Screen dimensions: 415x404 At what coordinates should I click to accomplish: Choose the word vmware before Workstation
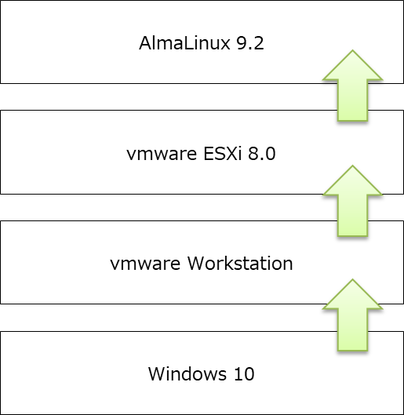coord(142,264)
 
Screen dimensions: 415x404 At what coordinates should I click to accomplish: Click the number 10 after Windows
coord(242,374)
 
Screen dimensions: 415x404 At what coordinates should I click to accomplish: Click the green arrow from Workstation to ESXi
coord(352,202)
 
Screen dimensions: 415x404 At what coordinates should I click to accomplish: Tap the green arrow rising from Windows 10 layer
coord(352,313)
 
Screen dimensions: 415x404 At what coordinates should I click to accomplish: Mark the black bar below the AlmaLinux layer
coord(157,96)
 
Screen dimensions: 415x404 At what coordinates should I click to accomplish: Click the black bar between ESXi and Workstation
coord(157,207)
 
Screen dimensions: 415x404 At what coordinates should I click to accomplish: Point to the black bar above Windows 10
coord(157,318)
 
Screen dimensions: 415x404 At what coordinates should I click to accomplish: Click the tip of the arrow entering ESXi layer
coord(352,166)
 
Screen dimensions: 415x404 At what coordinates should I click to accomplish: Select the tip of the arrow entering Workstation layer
coord(352,276)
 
